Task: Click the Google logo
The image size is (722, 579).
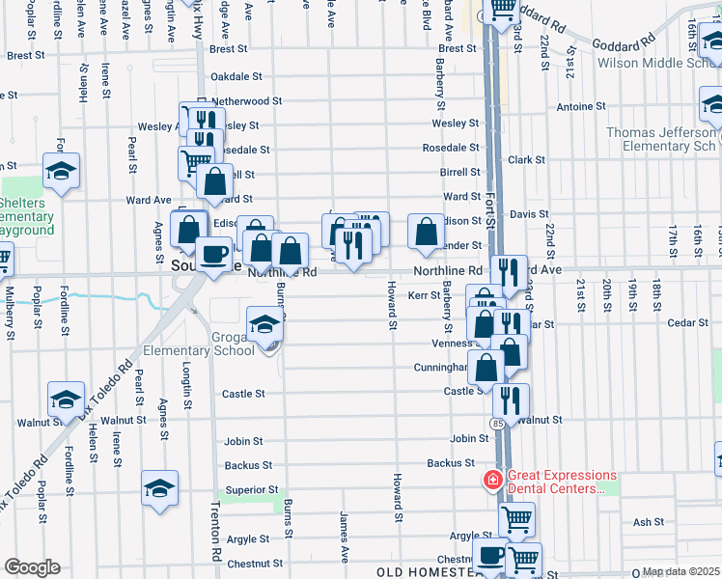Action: click(32, 567)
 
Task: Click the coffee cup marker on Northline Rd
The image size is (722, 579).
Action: click(213, 255)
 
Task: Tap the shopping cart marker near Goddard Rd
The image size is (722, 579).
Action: click(501, 11)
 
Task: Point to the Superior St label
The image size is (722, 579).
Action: click(253, 490)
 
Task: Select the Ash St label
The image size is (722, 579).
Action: click(644, 522)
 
